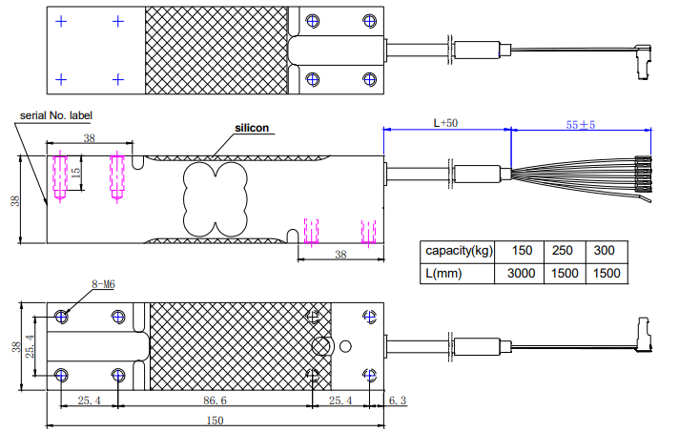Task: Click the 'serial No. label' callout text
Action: [57, 116]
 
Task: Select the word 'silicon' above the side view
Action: [253, 128]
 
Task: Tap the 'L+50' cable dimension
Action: [446, 123]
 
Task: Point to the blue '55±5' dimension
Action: [581, 124]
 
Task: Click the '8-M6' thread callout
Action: [104, 283]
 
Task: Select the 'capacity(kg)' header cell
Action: [459, 251]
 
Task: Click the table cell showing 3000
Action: [522, 273]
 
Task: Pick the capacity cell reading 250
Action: [564, 251]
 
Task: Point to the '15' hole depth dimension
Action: [76, 175]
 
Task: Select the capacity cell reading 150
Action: [522, 251]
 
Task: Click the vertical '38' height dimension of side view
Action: [13, 200]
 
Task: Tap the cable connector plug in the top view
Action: [641, 60]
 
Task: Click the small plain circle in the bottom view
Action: [345, 345]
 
